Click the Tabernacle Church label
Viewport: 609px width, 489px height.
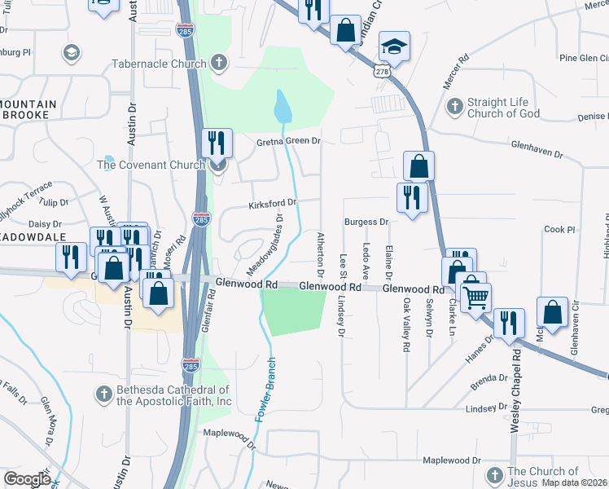click(159, 63)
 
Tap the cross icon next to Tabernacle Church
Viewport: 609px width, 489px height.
click(218, 62)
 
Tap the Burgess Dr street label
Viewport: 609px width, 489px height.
click(366, 221)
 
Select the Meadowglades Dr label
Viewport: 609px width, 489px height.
click(267, 244)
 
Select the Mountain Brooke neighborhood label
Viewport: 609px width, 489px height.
click(29, 110)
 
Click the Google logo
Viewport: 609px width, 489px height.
click(27, 479)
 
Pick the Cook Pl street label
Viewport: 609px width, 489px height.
click(560, 230)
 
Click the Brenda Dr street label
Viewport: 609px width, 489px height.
click(489, 378)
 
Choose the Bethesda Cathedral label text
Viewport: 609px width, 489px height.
click(173, 395)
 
